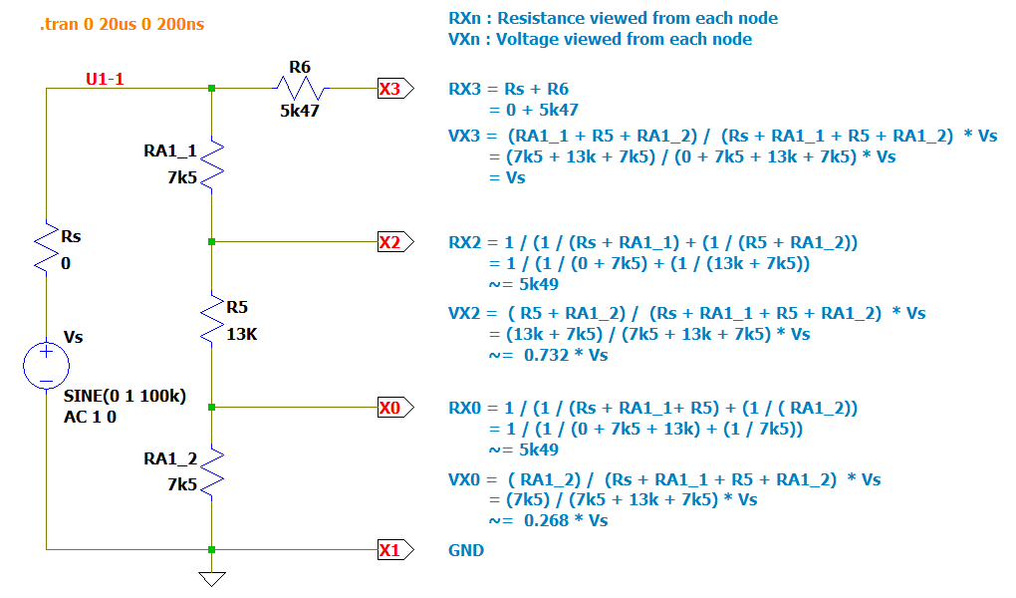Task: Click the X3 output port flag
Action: [389, 89]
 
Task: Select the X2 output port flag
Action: [389, 241]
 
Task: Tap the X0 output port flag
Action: [389, 407]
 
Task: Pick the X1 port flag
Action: [389, 549]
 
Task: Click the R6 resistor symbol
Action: [299, 89]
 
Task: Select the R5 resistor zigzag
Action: [212, 318]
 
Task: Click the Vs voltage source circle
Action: [46, 365]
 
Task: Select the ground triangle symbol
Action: [212, 579]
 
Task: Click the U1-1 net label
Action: [105, 79]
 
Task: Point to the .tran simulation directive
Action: [122, 23]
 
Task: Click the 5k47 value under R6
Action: [299, 111]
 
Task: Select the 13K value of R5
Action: [242, 334]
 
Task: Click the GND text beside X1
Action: [466, 550]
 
